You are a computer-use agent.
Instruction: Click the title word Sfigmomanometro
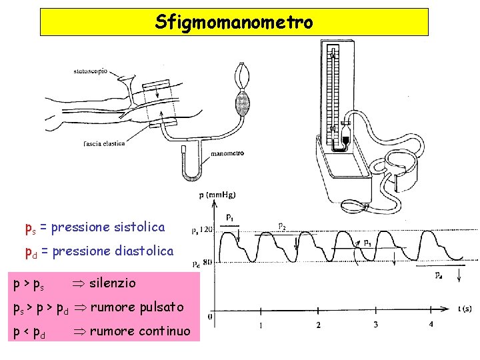(x=234, y=23)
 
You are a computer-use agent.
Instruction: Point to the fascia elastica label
(x=104, y=144)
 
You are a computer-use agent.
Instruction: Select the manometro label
(x=227, y=153)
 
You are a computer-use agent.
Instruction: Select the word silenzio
(x=112, y=283)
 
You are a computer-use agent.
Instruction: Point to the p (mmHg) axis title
(x=217, y=195)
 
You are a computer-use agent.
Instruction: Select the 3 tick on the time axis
(x=376, y=325)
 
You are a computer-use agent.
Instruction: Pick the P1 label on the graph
(x=229, y=217)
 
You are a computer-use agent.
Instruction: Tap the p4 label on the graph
(x=439, y=275)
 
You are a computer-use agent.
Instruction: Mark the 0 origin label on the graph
(x=211, y=316)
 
